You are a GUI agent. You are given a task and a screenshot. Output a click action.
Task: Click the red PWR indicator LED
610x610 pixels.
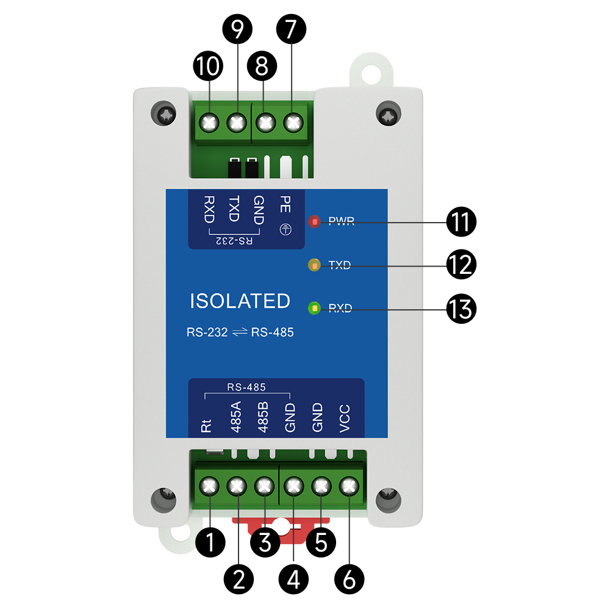tap(314, 221)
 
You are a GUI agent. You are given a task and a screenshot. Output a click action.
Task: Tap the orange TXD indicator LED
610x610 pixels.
tap(314, 265)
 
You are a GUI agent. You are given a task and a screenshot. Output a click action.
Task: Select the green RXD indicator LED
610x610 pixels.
tap(314, 308)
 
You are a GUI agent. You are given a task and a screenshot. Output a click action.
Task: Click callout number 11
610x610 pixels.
tap(461, 221)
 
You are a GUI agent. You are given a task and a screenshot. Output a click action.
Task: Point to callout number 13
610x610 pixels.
tap(461, 309)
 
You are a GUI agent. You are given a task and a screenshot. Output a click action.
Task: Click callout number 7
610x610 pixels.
tap(292, 29)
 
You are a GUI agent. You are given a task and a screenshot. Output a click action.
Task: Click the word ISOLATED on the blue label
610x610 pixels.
tap(240, 301)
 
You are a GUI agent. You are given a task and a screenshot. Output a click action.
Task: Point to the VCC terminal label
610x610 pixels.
tap(344, 418)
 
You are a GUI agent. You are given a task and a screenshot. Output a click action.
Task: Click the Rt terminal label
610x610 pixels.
tap(206, 425)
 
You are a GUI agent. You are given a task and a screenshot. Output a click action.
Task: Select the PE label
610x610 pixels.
tap(284, 204)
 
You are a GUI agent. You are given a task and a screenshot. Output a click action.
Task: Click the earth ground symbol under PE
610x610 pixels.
tap(284, 229)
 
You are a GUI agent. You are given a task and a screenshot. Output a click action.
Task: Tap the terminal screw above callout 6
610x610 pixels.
tap(348, 486)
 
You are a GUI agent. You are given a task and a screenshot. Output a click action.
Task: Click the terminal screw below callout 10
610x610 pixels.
tap(209, 123)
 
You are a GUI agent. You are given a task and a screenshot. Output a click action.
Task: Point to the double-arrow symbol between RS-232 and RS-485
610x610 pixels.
tap(240, 333)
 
